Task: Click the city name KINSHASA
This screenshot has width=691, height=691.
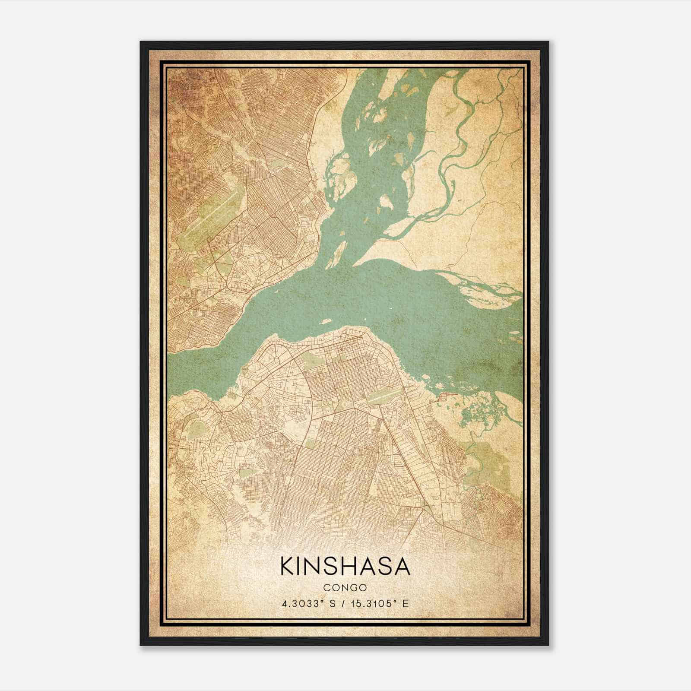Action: [345, 566]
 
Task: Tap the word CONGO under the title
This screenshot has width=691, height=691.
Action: [345, 588]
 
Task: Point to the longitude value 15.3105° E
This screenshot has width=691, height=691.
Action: [380, 604]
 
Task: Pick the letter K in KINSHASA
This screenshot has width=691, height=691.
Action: [288, 566]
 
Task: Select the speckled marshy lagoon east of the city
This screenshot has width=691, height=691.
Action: [479, 410]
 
